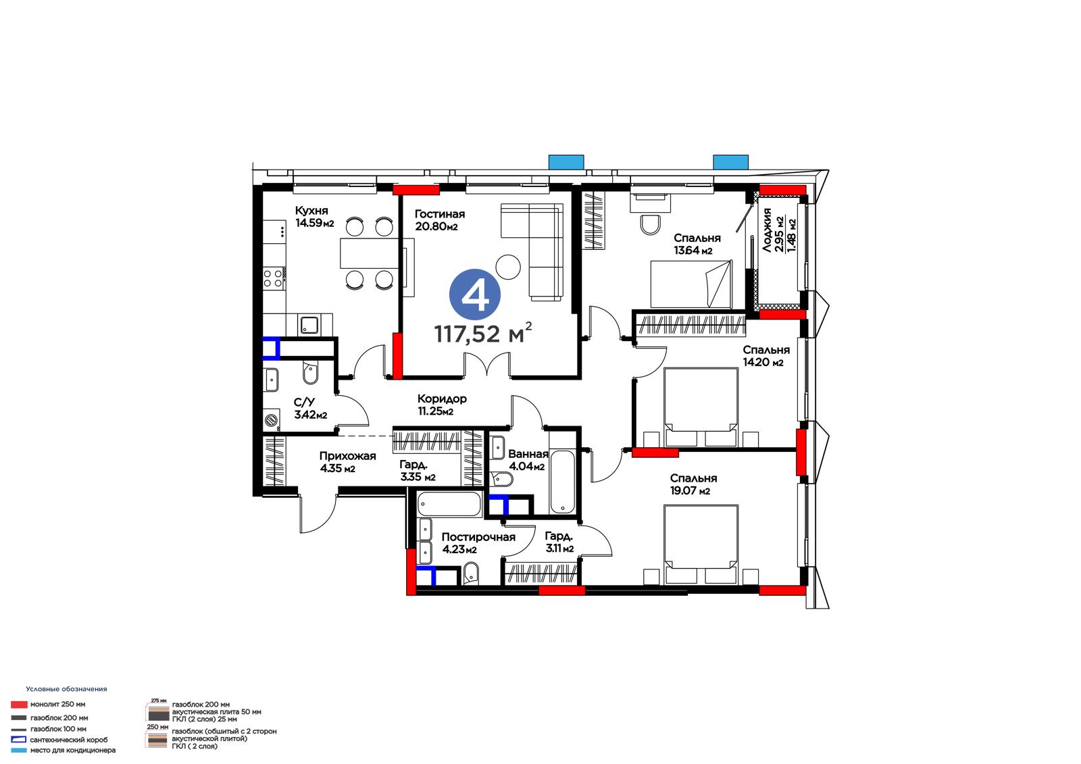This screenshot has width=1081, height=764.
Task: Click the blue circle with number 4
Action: click(475, 295)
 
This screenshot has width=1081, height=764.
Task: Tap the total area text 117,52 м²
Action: click(483, 333)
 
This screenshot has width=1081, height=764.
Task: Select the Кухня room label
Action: click(311, 211)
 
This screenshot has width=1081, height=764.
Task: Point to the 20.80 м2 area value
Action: click(436, 226)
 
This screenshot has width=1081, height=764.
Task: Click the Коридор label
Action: click(442, 399)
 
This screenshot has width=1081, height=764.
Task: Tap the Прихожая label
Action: click(347, 456)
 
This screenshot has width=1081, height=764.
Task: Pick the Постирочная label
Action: click(478, 537)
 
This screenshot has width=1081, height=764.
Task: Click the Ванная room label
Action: click(528, 454)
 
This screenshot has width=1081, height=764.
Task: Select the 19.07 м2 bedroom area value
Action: click(690, 491)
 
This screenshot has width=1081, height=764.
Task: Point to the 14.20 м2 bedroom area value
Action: click(763, 362)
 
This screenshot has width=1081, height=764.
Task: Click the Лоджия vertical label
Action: click(766, 230)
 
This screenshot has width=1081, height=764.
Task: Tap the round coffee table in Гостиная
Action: click(508, 266)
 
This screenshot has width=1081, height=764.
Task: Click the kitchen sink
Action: click(309, 325)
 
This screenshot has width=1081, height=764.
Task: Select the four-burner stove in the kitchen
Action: click(274, 279)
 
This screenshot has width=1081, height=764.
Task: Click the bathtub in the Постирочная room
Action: click(449, 505)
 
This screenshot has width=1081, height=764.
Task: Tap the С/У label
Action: click(304, 403)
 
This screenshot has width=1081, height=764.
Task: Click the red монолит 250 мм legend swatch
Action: click(19, 705)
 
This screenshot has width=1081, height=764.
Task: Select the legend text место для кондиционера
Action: click(73, 750)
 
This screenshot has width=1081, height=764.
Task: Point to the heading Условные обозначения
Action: click(67, 689)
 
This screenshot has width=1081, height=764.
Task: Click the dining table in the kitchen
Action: click(369, 253)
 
